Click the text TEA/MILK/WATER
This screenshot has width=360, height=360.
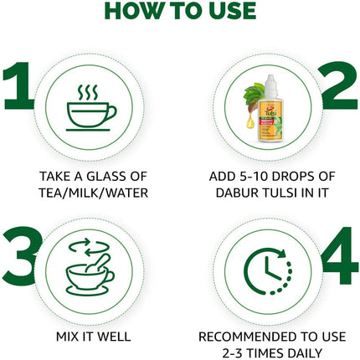tap(90, 193)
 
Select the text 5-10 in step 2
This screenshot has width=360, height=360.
tap(237, 177)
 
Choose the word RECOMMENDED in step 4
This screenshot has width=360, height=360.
tap(242, 337)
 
